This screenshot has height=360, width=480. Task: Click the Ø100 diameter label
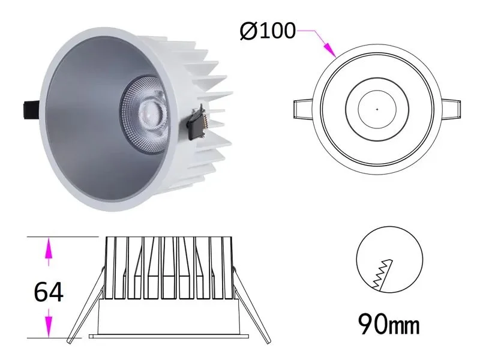pos(267,29)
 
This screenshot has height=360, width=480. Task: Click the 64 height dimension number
pos(49,292)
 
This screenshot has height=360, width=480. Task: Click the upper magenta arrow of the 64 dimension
pos(49,251)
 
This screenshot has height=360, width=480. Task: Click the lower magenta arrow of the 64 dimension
pos(49,325)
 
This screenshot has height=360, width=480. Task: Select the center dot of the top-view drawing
pos(377,109)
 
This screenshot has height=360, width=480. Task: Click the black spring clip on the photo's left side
pos(28,110)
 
